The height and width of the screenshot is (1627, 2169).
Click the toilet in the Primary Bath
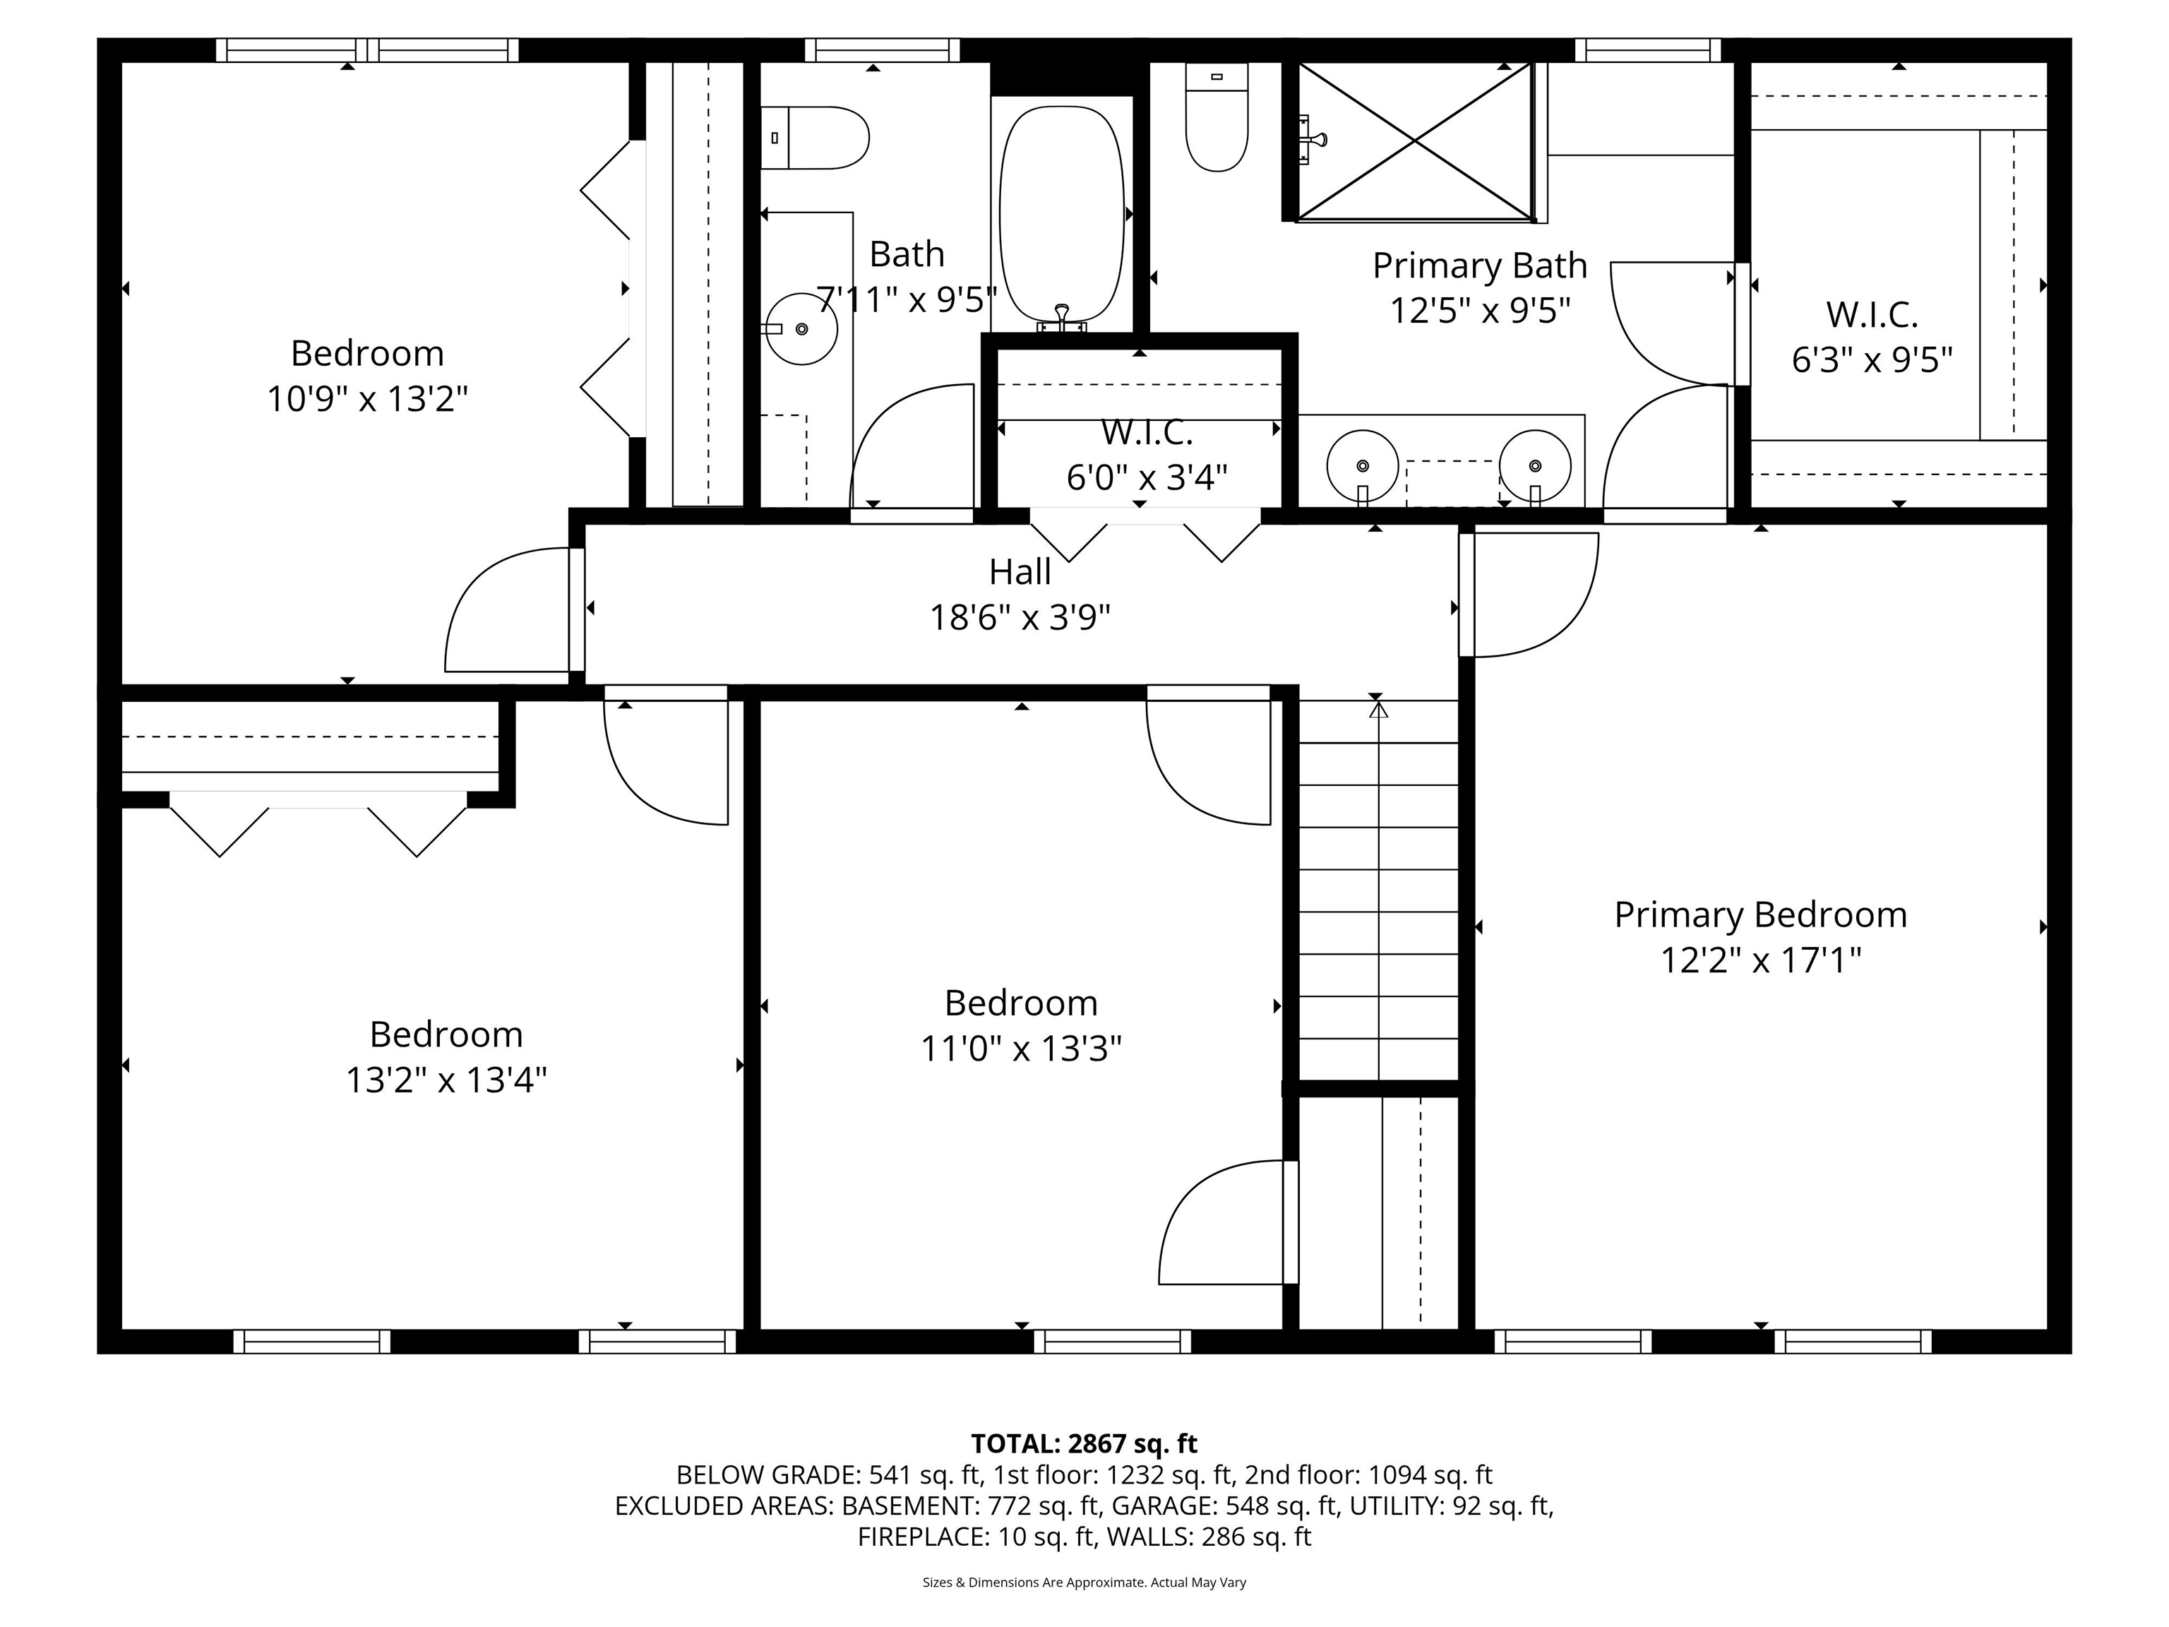click(1217, 119)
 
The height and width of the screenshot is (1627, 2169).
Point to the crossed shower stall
click(1415, 141)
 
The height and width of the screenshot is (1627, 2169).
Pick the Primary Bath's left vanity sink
click(1362, 466)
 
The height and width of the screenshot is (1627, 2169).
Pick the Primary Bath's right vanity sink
click(1534, 466)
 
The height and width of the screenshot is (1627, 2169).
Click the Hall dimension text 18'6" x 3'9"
click(1020, 618)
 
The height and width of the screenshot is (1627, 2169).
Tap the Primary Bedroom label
click(1760, 915)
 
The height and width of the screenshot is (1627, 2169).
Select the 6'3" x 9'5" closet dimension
click(1871, 361)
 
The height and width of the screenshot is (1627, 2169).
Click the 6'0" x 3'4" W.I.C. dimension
click(1146, 477)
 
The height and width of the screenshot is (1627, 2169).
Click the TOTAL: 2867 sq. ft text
click(1084, 1443)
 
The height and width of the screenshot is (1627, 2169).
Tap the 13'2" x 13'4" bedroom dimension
click(446, 1080)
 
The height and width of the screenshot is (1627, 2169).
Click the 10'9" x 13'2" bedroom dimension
click(366, 399)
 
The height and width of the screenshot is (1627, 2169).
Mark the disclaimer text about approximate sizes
click(1084, 1582)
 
